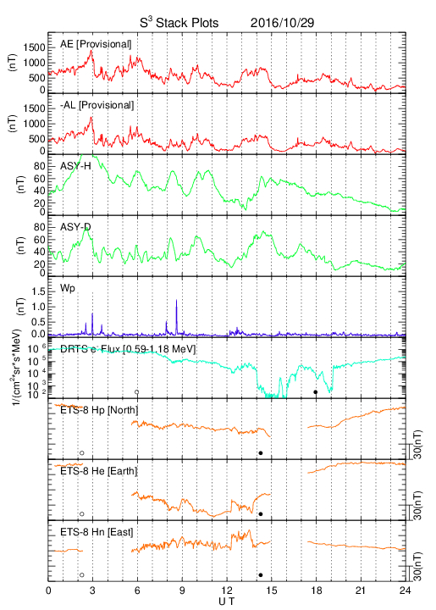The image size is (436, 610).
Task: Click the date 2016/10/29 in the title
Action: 282,23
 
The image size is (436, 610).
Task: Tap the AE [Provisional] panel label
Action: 96,44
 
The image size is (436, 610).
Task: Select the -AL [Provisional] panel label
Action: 97,105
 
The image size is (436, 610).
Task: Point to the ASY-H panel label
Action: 75,166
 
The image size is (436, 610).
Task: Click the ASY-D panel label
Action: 75,227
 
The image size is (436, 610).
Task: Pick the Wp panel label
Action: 67,288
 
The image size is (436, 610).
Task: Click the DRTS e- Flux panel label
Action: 128,349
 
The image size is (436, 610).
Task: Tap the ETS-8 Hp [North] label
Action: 99,410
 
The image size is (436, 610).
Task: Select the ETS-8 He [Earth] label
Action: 99,471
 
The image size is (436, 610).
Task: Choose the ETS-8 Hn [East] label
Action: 97,532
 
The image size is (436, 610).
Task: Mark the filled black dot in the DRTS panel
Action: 316,392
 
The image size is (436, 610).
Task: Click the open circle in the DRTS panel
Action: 137,392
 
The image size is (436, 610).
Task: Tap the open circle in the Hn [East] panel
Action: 82,575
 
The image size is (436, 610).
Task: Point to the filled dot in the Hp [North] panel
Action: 261,452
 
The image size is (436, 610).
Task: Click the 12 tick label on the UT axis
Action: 227,591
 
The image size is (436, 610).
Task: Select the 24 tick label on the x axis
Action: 406,591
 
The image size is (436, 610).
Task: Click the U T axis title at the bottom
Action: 227,602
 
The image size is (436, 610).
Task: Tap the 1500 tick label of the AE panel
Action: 34,47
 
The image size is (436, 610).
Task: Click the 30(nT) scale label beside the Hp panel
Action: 417,445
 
